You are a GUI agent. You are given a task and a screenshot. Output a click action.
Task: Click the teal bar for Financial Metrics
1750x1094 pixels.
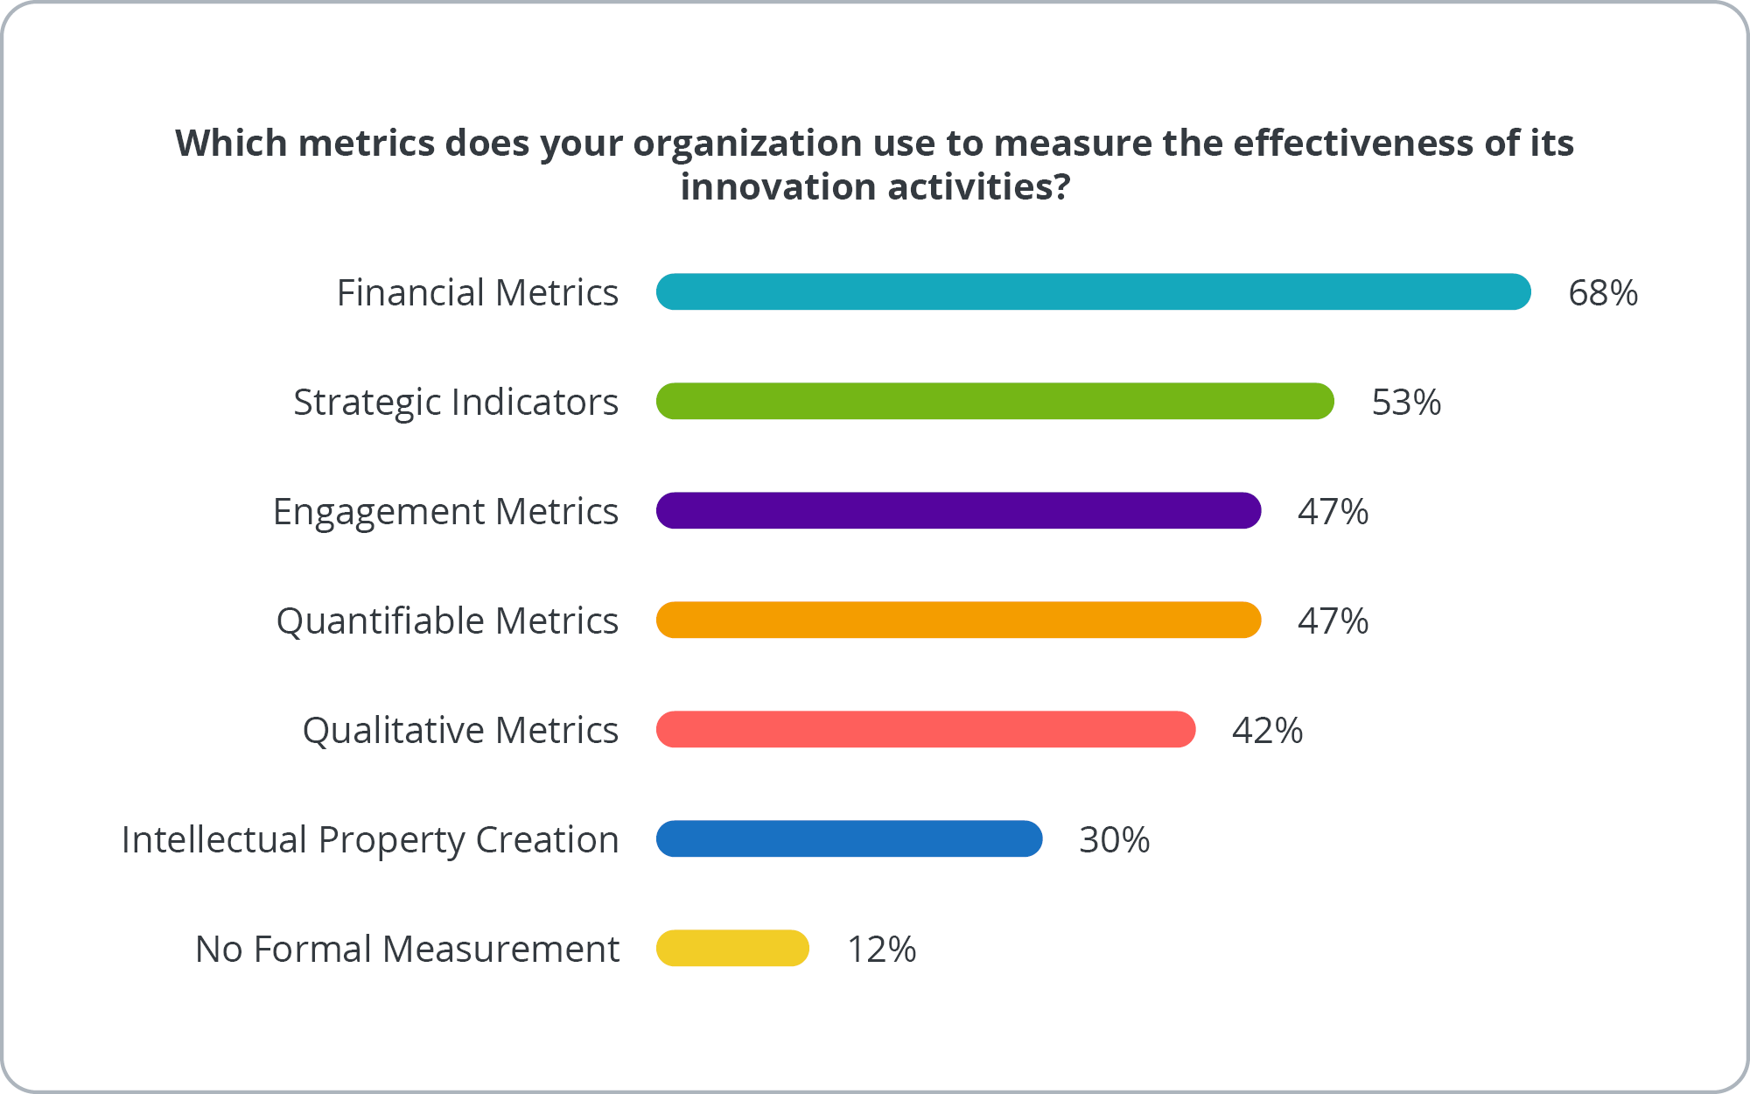pyautogui.click(x=1093, y=291)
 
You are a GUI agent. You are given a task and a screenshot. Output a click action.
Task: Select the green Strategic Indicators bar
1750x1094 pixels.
pyautogui.click(x=995, y=401)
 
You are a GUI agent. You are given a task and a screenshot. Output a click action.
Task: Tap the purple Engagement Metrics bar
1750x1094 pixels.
pyautogui.click(x=958, y=510)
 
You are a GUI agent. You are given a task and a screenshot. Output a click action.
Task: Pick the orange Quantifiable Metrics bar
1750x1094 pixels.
pyautogui.click(x=958, y=620)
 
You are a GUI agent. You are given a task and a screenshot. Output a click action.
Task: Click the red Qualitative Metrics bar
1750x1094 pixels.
pyautogui.click(x=926, y=729)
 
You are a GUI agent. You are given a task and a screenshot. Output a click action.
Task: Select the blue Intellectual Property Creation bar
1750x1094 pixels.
pyautogui.click(x=849, y=838)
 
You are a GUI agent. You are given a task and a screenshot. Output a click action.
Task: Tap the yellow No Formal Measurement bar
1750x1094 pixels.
pyautogui.click(x=732, y=948)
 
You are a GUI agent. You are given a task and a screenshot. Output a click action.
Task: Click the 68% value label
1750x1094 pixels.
pyautogui.click(x=1602, y=293)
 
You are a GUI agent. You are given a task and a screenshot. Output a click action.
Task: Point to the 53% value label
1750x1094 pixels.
pyautogui.click(x=1405, y=403)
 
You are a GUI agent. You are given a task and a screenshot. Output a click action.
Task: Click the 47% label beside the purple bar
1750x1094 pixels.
pyautogui.click(x=1332, y=512)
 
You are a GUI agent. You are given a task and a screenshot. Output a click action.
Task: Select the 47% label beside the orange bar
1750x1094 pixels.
pyautogui.click(x=1332, y=621)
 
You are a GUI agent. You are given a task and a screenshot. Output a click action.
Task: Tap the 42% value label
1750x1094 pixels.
pyautogui.click(x=1266, y=731)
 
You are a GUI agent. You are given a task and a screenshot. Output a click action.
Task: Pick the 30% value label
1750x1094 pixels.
pyautogui.click(x=1113, y=840)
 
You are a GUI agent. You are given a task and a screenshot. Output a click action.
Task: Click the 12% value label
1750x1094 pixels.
pyautogui.click(x=881, y=950)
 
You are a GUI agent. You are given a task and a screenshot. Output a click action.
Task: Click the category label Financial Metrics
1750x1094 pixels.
pyautogui.click(x=477, y=293)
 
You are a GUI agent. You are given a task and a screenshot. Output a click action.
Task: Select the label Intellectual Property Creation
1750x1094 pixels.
pyautogui.click(x=369, y=840)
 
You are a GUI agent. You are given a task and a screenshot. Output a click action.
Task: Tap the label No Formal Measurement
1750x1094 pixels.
pyautogui.click(x=407, y=950)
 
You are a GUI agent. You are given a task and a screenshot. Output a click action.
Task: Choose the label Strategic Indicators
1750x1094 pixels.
pyautogui.click(x=455, y=403)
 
